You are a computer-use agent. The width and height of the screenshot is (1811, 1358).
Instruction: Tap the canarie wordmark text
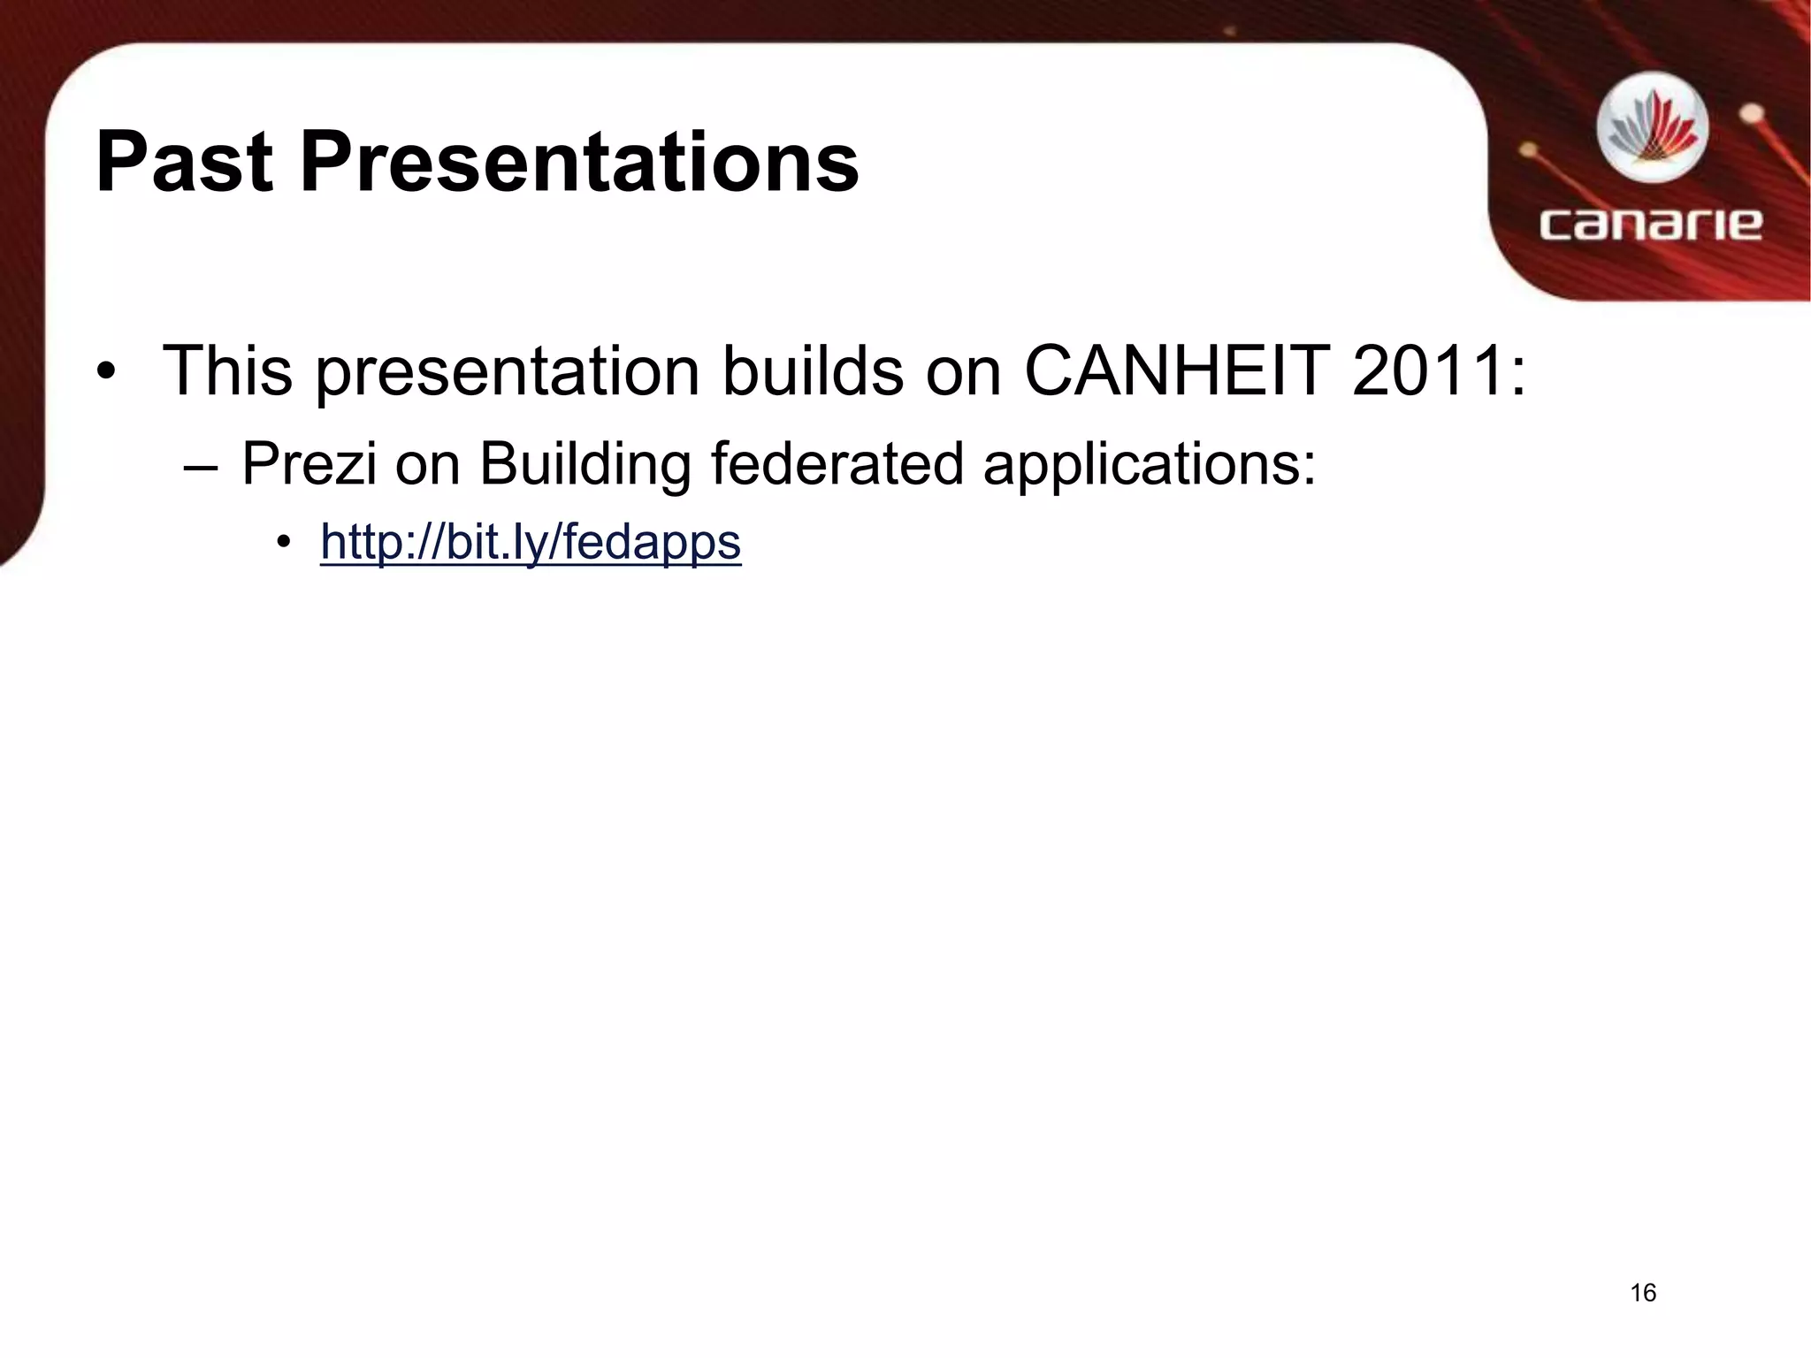[x=1650, y=224]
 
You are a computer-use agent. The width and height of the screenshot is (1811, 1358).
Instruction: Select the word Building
[x=585, y=463]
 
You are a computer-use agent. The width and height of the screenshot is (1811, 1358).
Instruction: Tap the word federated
[x=837, y=463]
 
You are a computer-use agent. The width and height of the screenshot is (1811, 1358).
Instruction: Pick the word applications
[x=1149, y=463]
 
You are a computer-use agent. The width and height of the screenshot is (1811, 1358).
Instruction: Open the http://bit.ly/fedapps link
[x=531, y=542]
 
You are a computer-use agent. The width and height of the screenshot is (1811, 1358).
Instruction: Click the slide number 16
[x=1642, y=1293]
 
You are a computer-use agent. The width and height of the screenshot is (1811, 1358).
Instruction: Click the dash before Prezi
[x=201, y=466]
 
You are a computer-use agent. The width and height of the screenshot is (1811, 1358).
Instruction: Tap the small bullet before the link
[x=282, y=542]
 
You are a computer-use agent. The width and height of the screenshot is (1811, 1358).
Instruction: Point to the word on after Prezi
[x=428, y=463]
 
